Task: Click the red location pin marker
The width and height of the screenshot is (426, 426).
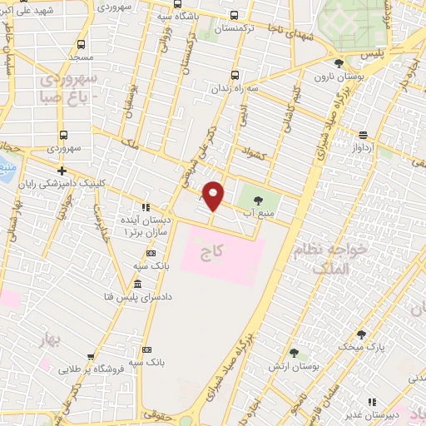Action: tap(214, 196)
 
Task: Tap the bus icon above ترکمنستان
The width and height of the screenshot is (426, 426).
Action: tap(233, 15)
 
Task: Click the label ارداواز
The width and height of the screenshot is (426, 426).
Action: tap(366, 146)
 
